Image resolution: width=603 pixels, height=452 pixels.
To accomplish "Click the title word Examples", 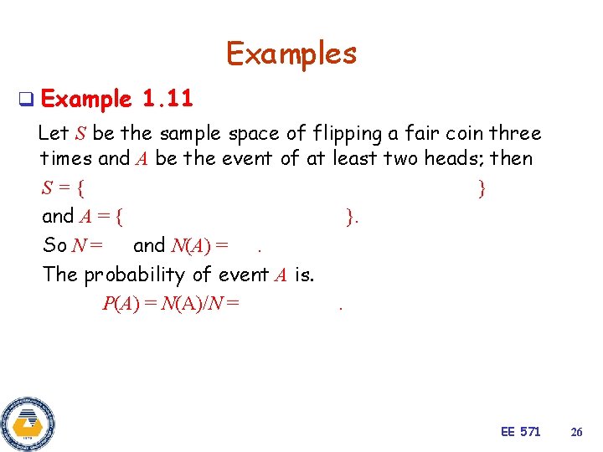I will coord(291,54).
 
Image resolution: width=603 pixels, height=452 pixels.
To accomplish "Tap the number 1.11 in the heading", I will coord(167,100).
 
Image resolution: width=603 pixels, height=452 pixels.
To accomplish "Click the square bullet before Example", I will coord(25,100).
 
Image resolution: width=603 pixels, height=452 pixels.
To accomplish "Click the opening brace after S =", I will coord(90,188).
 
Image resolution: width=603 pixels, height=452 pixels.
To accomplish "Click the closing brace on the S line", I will coord(482,188).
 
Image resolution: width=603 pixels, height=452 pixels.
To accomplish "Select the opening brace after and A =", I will coord(121,217).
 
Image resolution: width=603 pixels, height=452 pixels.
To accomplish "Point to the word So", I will coord(54,245).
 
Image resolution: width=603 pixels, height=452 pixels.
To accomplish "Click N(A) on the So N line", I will coord(191,245).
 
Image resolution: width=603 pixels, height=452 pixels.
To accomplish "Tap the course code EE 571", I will coord(520,431).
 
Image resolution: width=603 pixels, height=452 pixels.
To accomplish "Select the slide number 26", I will coord(576,432).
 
